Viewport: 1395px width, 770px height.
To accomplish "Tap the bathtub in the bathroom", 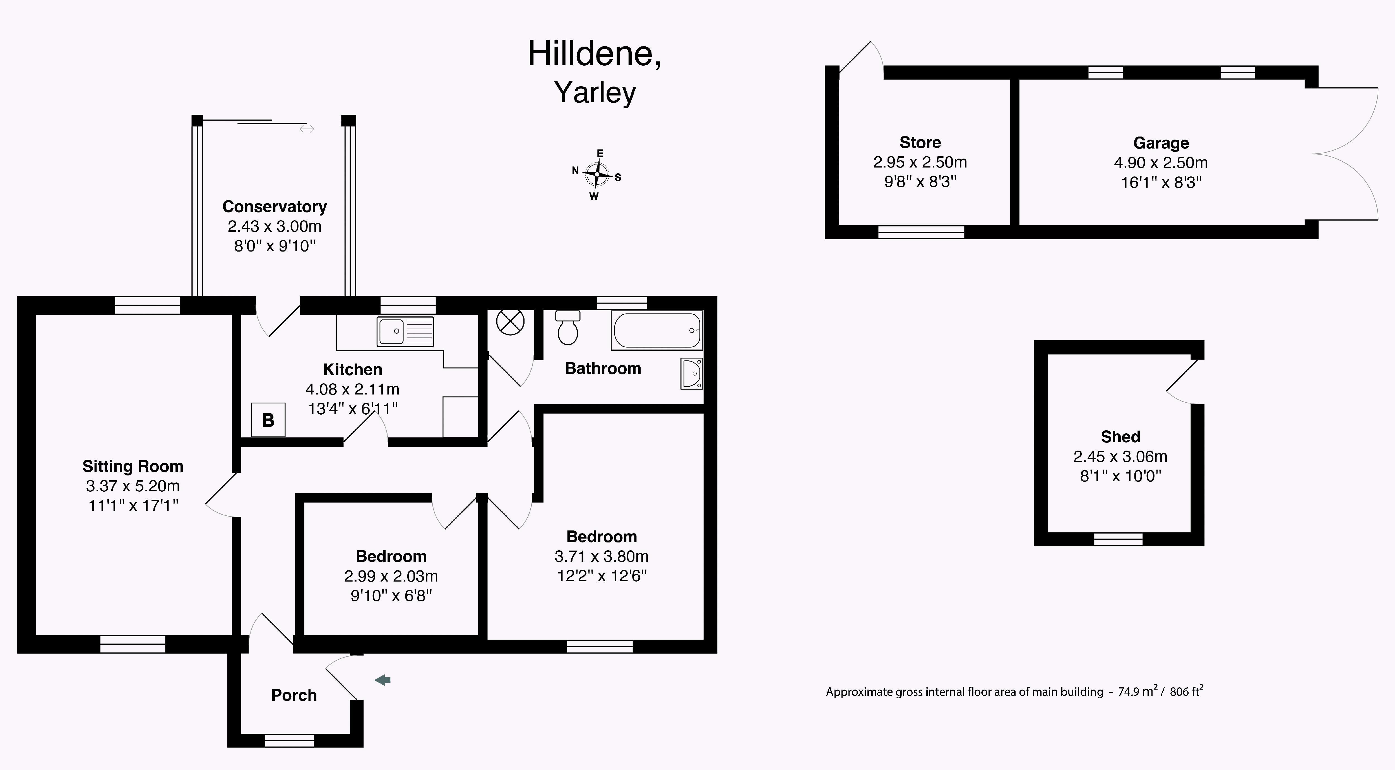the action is (x=657, y=330).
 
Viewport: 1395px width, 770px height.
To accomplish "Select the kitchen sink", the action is (x=405, y=331).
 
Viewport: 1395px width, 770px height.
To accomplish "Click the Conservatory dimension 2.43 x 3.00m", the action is (x=275, y=226).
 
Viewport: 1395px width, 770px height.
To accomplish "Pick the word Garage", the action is (x=1161, y=143).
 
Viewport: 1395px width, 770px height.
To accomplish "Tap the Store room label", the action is (x=920, y=142).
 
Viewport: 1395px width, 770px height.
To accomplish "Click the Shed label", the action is (x=1120, y=437).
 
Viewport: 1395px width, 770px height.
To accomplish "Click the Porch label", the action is (x=294, y=695).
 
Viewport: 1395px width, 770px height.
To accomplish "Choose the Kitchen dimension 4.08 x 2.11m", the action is (x=353, y=389).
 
